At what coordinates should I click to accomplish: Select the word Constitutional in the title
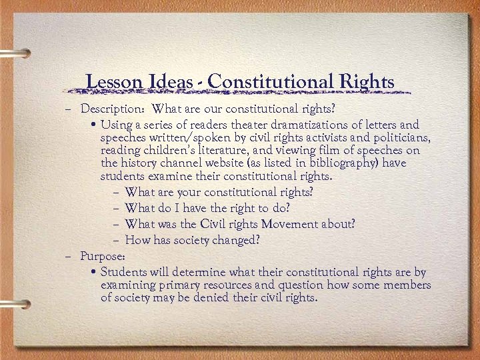267,82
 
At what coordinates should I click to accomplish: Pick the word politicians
405,138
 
